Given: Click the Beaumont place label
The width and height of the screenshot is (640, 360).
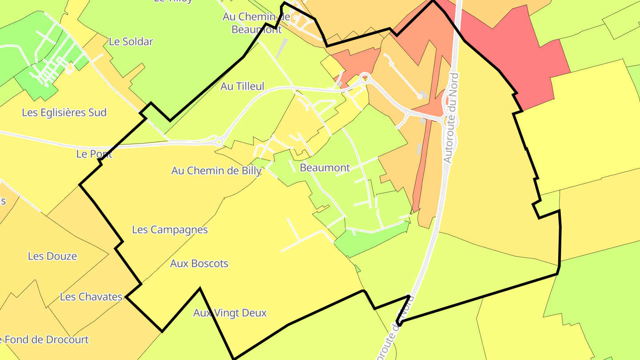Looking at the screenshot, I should pyautogui.click(x=325, y=168).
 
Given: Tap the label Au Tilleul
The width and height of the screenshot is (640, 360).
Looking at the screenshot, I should pyautogui.click(x=242, y=86).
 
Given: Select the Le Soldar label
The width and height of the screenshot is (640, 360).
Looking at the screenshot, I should pyautogui.click(x=131, y=42).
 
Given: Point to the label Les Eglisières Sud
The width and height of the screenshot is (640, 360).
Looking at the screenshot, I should pyautogui.click(x=64, y=112).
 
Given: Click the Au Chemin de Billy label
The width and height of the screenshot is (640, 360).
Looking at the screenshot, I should pyautogui.click(x=216, y=171).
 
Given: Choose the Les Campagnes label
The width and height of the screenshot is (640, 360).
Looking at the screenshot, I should pyautogui.click(x=170, y=230).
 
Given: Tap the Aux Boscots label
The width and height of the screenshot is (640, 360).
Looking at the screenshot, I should pyautogui.click(x=199, y=264).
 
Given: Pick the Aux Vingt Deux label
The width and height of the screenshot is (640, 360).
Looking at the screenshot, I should pyautogui.click(x=230, y=313).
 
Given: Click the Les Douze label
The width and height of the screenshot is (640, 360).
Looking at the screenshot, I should pyautogui.click(x=52, y=256).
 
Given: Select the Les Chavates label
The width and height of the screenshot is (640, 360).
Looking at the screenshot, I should pyautogui.click(x=91, y=296).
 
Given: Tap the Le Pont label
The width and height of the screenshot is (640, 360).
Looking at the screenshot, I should pyautogui.click(x=94, y=154).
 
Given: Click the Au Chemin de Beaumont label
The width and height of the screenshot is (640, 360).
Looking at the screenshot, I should pyautogui.click(x=256, y=23).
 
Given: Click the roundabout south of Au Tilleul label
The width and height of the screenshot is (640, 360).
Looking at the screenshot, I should pyautogui.click(x=219, y=142).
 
